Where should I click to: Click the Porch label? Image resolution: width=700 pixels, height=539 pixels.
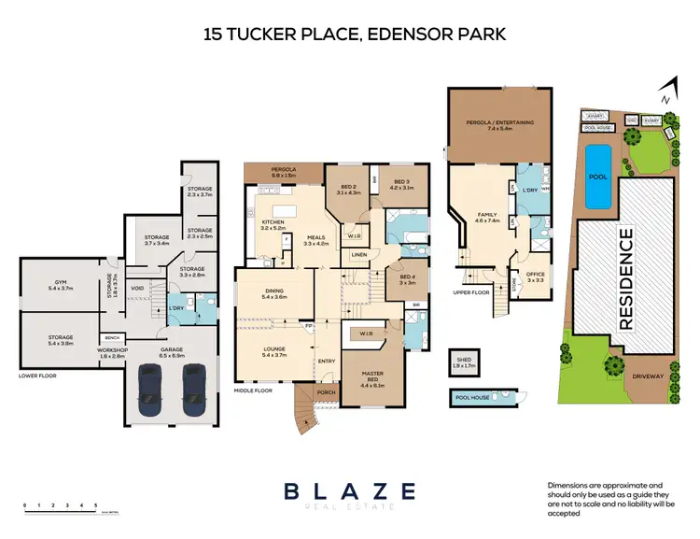tap(325, 392)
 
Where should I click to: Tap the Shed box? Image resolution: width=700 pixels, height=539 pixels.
tap(463, 362)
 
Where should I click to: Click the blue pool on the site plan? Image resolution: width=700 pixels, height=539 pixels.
tap(596, 176)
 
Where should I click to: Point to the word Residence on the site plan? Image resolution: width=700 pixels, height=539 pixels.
tap(626, 277)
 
